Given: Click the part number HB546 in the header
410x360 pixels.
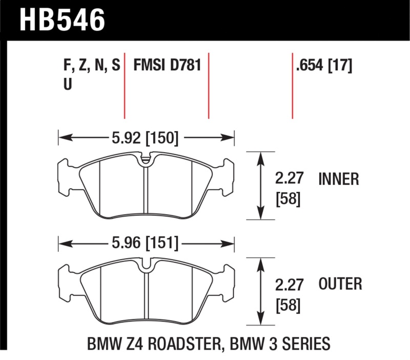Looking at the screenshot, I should [x=62, y=19].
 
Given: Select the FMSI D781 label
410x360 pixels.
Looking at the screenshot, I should [x=167, y=66].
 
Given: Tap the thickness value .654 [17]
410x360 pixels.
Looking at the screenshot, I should [x=323, y=66].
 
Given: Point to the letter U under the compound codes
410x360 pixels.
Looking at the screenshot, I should [x=67, y=85].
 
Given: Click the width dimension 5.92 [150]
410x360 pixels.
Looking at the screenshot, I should [x=146, y=137].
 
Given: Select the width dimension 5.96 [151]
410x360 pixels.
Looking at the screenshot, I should [x=146, y=243].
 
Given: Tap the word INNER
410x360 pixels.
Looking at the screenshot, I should [x=339, y=179].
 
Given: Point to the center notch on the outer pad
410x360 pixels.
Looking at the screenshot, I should [x=146, y=266].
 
